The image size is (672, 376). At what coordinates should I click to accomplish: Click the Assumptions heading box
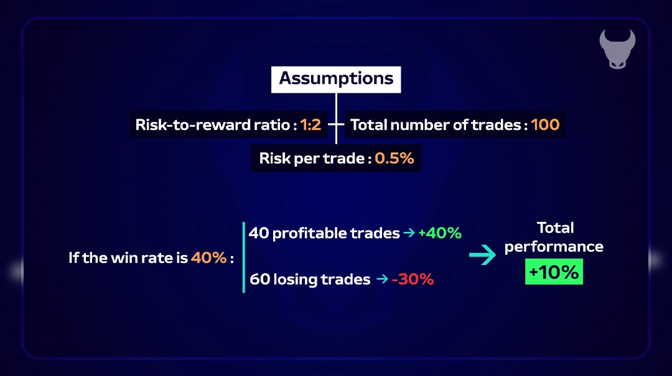336,79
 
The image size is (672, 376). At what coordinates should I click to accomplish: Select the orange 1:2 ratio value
310,125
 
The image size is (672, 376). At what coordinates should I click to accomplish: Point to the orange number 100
545,125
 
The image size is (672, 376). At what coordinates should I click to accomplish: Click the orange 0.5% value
394,158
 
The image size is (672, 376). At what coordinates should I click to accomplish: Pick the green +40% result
440,233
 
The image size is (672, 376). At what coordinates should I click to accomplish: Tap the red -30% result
413,279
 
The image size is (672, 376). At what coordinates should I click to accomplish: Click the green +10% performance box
554,272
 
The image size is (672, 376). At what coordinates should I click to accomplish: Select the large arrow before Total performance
483,255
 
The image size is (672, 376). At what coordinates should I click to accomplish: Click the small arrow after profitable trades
409,232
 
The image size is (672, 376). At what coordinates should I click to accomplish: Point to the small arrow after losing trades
382,279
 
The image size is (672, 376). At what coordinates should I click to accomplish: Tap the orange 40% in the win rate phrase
208,257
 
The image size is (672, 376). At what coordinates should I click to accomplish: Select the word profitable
309,233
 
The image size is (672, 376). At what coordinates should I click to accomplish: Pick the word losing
294,280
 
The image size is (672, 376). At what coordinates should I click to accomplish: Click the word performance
554,247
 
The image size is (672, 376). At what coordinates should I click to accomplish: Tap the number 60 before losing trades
259,279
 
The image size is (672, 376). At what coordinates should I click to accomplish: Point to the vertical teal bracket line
244,257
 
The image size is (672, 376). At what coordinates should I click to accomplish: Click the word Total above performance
556,228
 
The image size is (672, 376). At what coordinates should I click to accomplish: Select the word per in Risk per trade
308,159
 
